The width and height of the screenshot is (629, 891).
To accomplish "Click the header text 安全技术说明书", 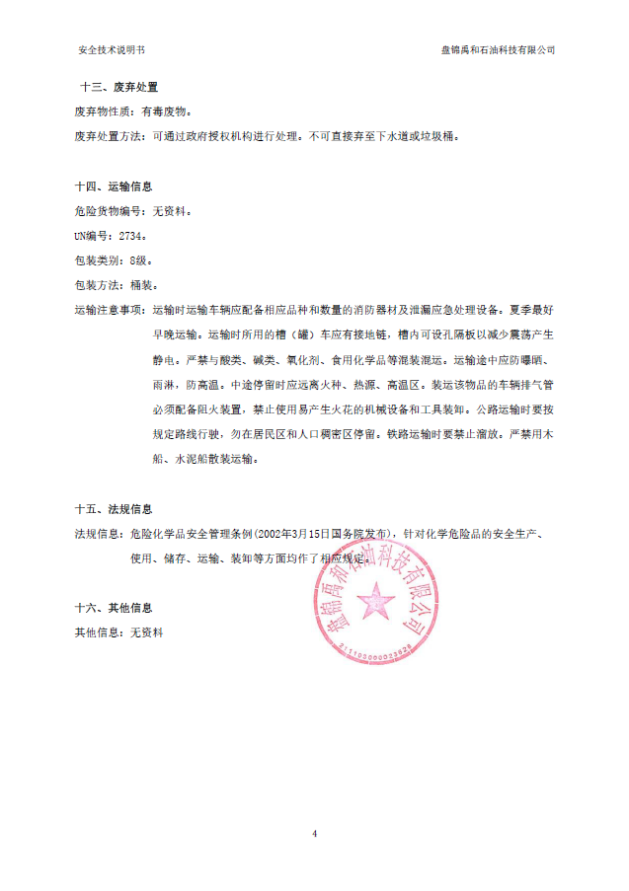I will pos(116,49).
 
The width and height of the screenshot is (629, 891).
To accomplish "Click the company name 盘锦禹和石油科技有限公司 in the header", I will pos(498,49).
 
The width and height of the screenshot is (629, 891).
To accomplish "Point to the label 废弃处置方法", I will pos(105,136).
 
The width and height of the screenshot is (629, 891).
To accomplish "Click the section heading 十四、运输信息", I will pos(114,186).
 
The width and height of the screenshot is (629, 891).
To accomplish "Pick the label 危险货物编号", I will pos(105,211).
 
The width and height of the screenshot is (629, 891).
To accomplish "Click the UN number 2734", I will pos(131,236).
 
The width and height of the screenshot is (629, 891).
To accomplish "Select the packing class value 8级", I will pos(140,260).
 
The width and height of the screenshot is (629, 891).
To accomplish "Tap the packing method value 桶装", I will pos(141,285).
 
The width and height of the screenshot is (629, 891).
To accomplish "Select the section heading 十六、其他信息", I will pos(114,608).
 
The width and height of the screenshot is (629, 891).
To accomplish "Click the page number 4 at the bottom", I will pos(314,834).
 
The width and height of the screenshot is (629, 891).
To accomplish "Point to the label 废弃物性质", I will pos(99,112).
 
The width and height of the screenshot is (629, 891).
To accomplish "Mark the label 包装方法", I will pos(99,285).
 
